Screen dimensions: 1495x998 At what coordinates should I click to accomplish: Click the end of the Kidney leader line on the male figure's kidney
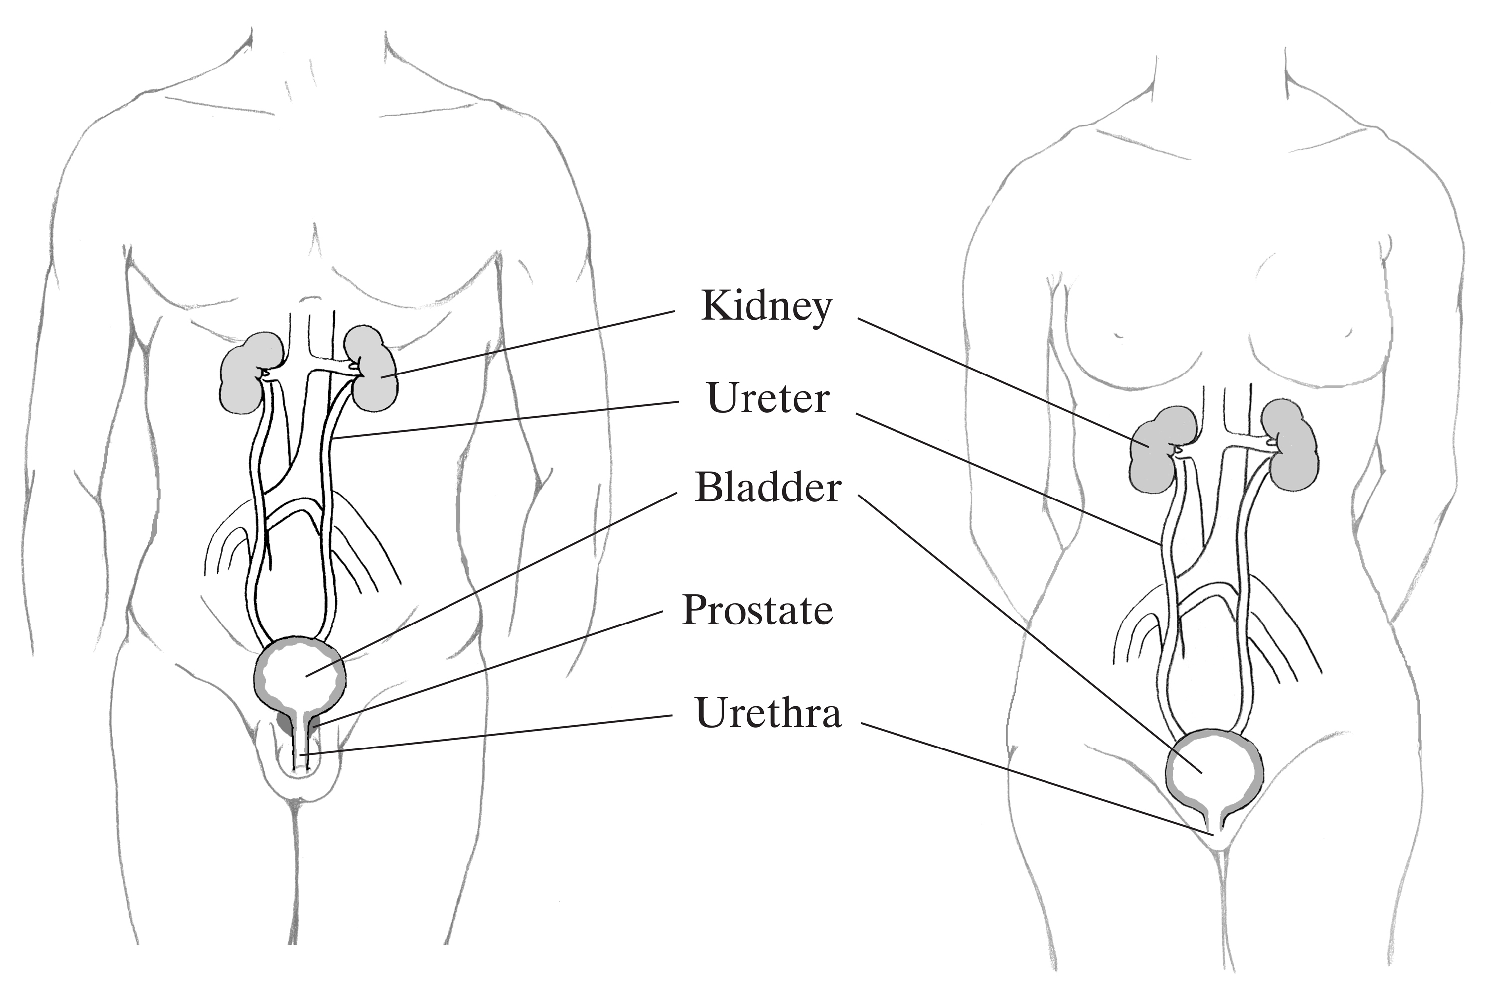tap(381, 378)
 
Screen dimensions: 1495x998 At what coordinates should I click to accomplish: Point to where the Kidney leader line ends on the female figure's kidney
tap(1149, 447)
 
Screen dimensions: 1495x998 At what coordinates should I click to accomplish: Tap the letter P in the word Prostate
tap(694, 610)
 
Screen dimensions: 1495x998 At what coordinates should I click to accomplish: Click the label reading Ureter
tap(768, 399)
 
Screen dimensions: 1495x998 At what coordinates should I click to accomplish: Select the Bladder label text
tap(768, 488)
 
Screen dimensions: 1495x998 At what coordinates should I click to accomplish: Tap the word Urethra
tap(768, 712)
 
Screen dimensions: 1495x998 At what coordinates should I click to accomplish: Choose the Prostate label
tap(757, 610)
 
